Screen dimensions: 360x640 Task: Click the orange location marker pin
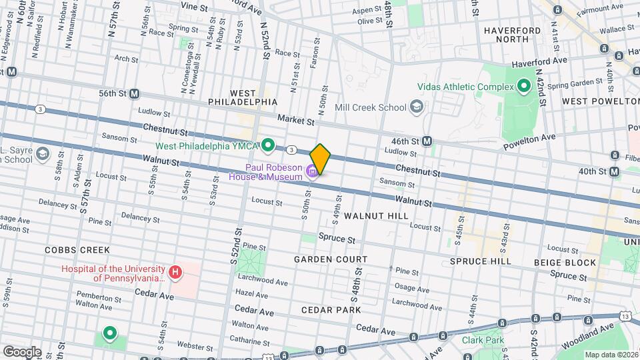[321, 159]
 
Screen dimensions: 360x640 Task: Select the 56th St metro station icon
[134, 94]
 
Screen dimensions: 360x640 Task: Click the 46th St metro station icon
[427, 141]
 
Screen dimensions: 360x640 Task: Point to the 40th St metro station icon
[614, 172]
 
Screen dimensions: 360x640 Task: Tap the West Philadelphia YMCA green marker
[269, 145]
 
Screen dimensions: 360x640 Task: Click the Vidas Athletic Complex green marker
[524, 86]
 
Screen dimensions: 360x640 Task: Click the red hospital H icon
[175, 272]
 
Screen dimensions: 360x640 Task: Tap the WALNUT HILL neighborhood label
[376, 216]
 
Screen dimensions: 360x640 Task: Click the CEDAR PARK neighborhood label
[331, 310]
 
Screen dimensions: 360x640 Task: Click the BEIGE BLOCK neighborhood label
[565, 263]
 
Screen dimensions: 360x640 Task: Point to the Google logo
[22, 351]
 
